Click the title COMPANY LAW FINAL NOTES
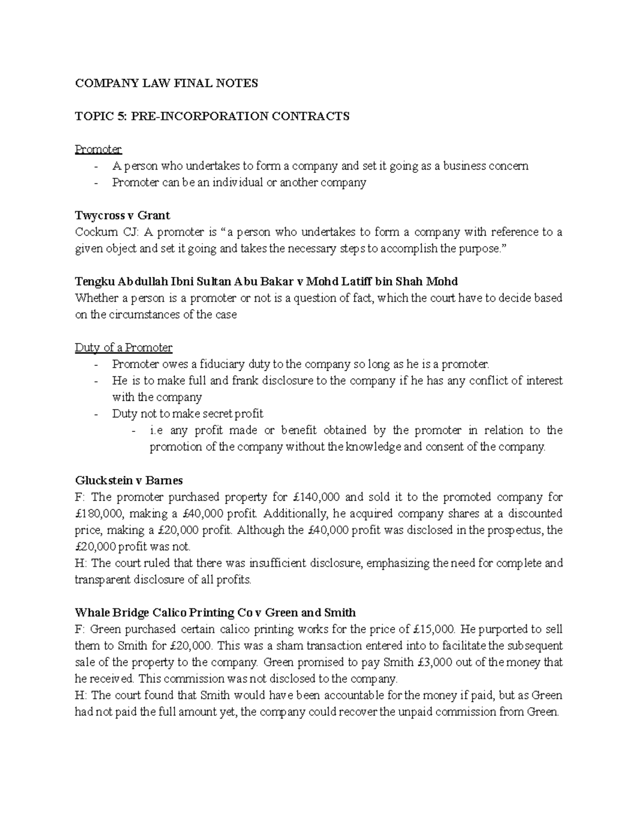coord(166,83)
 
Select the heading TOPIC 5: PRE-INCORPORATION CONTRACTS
coord(212,116)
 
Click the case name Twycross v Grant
coord(122,215)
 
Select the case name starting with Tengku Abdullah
coord(266,281)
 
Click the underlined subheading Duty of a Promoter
coord(123,348)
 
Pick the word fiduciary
coord(222,364)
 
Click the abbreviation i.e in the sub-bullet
coord(157,430)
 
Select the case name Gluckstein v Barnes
coord(129,480)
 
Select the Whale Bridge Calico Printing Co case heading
coord(215,613)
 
